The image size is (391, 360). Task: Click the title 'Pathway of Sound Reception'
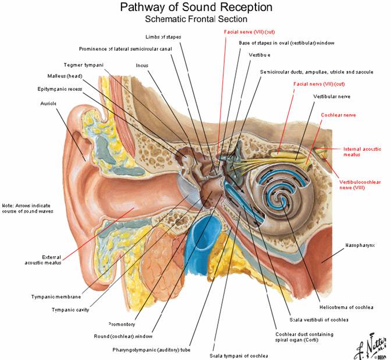coord(195,8)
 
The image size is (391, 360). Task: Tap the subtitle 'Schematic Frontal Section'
coord(195,19)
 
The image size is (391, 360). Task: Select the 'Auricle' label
coord(49,103)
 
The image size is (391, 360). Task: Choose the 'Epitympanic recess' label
coord(62,89)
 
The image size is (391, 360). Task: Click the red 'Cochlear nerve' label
coord(338,115)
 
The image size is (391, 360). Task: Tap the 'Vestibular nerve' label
coord(331,96)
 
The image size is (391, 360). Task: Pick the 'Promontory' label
coord(122,324)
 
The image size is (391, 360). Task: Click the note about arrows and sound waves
coord(27,208)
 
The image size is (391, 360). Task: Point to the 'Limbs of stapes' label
coord(163,37)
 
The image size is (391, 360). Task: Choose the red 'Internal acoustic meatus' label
coord(361,152)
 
